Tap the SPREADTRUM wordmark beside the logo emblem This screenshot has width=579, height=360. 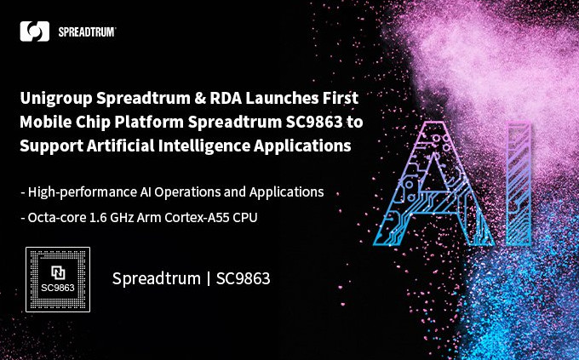pos(87,31)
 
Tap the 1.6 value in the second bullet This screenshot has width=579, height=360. pos(99,217)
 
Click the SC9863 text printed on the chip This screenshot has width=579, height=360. pos(58,288)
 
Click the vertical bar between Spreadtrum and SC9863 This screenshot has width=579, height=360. pos(207,278)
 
